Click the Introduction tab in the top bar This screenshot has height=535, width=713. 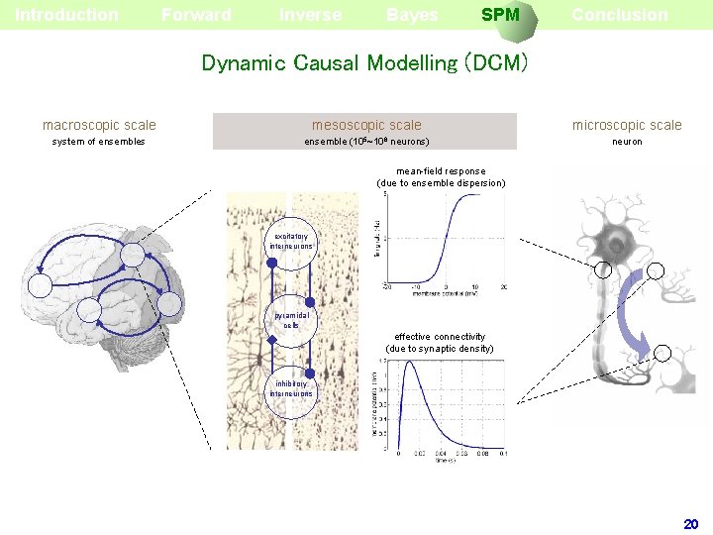pyautogui.click(x=66, y=15)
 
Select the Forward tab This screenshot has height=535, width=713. pyautogui.click(x=196, y=15)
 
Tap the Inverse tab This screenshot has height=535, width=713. pyautogui.click(x=310, y=15)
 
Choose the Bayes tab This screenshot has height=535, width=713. pyautogui.click(x=412, y=15)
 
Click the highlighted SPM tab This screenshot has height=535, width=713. pyautogui.click(x=500, y=15)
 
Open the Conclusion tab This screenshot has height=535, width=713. pyautogui.click(x=619, y=15)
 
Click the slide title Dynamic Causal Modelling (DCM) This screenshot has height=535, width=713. pyautogui.click(x=364, y=63)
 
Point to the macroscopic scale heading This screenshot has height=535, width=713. pyautogui.click(x=99, y=125)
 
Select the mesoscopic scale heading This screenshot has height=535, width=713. pyautogui.click(x=366, y=125)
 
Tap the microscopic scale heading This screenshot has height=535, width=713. pyautogui.click(x=627, y=125)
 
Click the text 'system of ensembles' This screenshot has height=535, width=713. pyautogui.click(x=98, y=142)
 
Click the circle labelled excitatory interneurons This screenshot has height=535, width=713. pyautogui.click(x=292, y=242)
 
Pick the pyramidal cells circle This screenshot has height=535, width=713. pyautogui.click(x=292, y=320)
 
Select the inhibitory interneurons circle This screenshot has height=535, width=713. pyautogui.click(x=292, y=388)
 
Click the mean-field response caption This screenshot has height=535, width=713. pyautogui.click(x=441, y=176)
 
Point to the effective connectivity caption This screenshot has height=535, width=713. pyautogui.click(x=440, y=343)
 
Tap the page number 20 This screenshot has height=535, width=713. pyautogui.click(x=691, y=523)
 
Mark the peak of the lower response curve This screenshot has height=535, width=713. pyautogui.click(x=409, y=366)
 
